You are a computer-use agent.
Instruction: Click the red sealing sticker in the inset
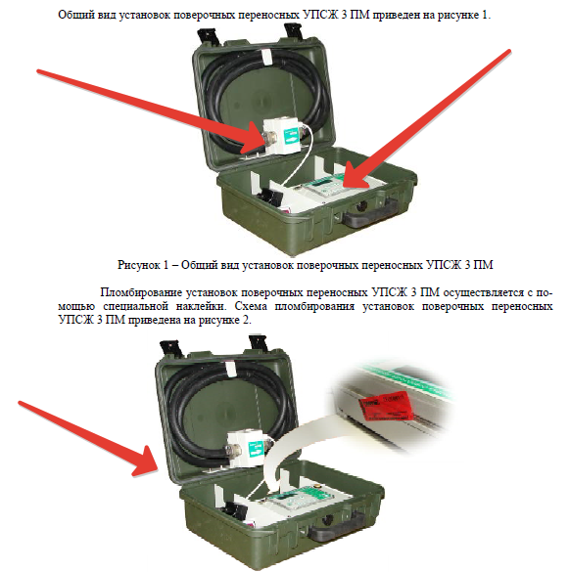[x=386, y=405]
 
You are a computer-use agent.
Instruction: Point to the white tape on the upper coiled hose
[x=267, y=58]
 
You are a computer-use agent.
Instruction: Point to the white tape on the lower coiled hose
[x=231, y=370]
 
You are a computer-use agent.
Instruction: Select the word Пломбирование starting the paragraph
[x=141, y=292]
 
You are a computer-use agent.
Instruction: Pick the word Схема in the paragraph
[x=251, y=306]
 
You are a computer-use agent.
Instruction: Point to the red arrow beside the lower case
[x=89, y=437]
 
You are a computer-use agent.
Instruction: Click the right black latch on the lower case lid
[x=261, y=344]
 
